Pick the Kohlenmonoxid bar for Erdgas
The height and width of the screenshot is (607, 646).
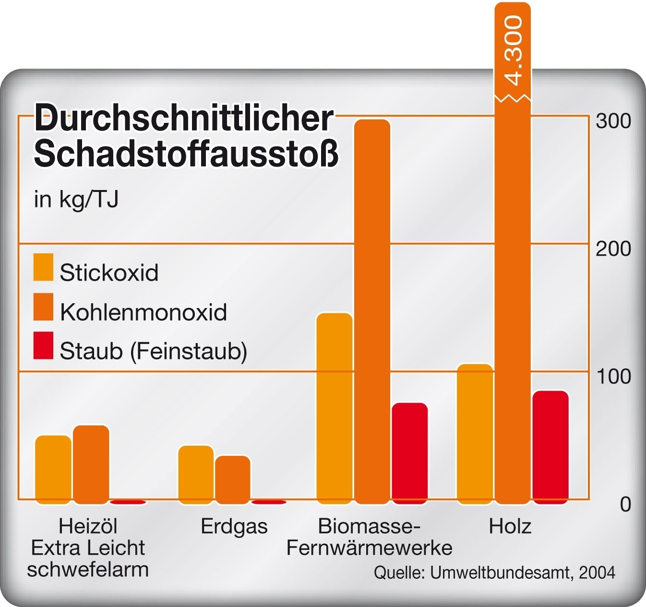click(233, 479)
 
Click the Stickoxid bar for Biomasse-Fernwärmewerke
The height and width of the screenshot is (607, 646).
click(335, 408)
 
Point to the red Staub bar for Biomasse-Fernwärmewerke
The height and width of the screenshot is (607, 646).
click(410, 453)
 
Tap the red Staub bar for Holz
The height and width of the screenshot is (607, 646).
click(550, 447)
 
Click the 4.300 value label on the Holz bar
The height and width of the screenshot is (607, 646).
click(513, 50)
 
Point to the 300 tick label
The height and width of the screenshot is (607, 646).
click(613, 121)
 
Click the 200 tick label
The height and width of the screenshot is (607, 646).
click(613, 249)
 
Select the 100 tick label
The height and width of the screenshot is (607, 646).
click(613, 377)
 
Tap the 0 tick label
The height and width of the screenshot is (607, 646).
click(625, 504)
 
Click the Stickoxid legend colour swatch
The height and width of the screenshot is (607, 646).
click(43, 267)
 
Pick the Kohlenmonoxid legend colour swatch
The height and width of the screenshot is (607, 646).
click(43, 307)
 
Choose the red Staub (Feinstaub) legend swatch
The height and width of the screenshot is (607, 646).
click(43, 345)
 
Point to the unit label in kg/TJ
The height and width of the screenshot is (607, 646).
click(76, 199)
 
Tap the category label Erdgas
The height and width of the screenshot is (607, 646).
click(234, 526)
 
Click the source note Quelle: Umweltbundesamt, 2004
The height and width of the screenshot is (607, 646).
click(494, 572)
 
